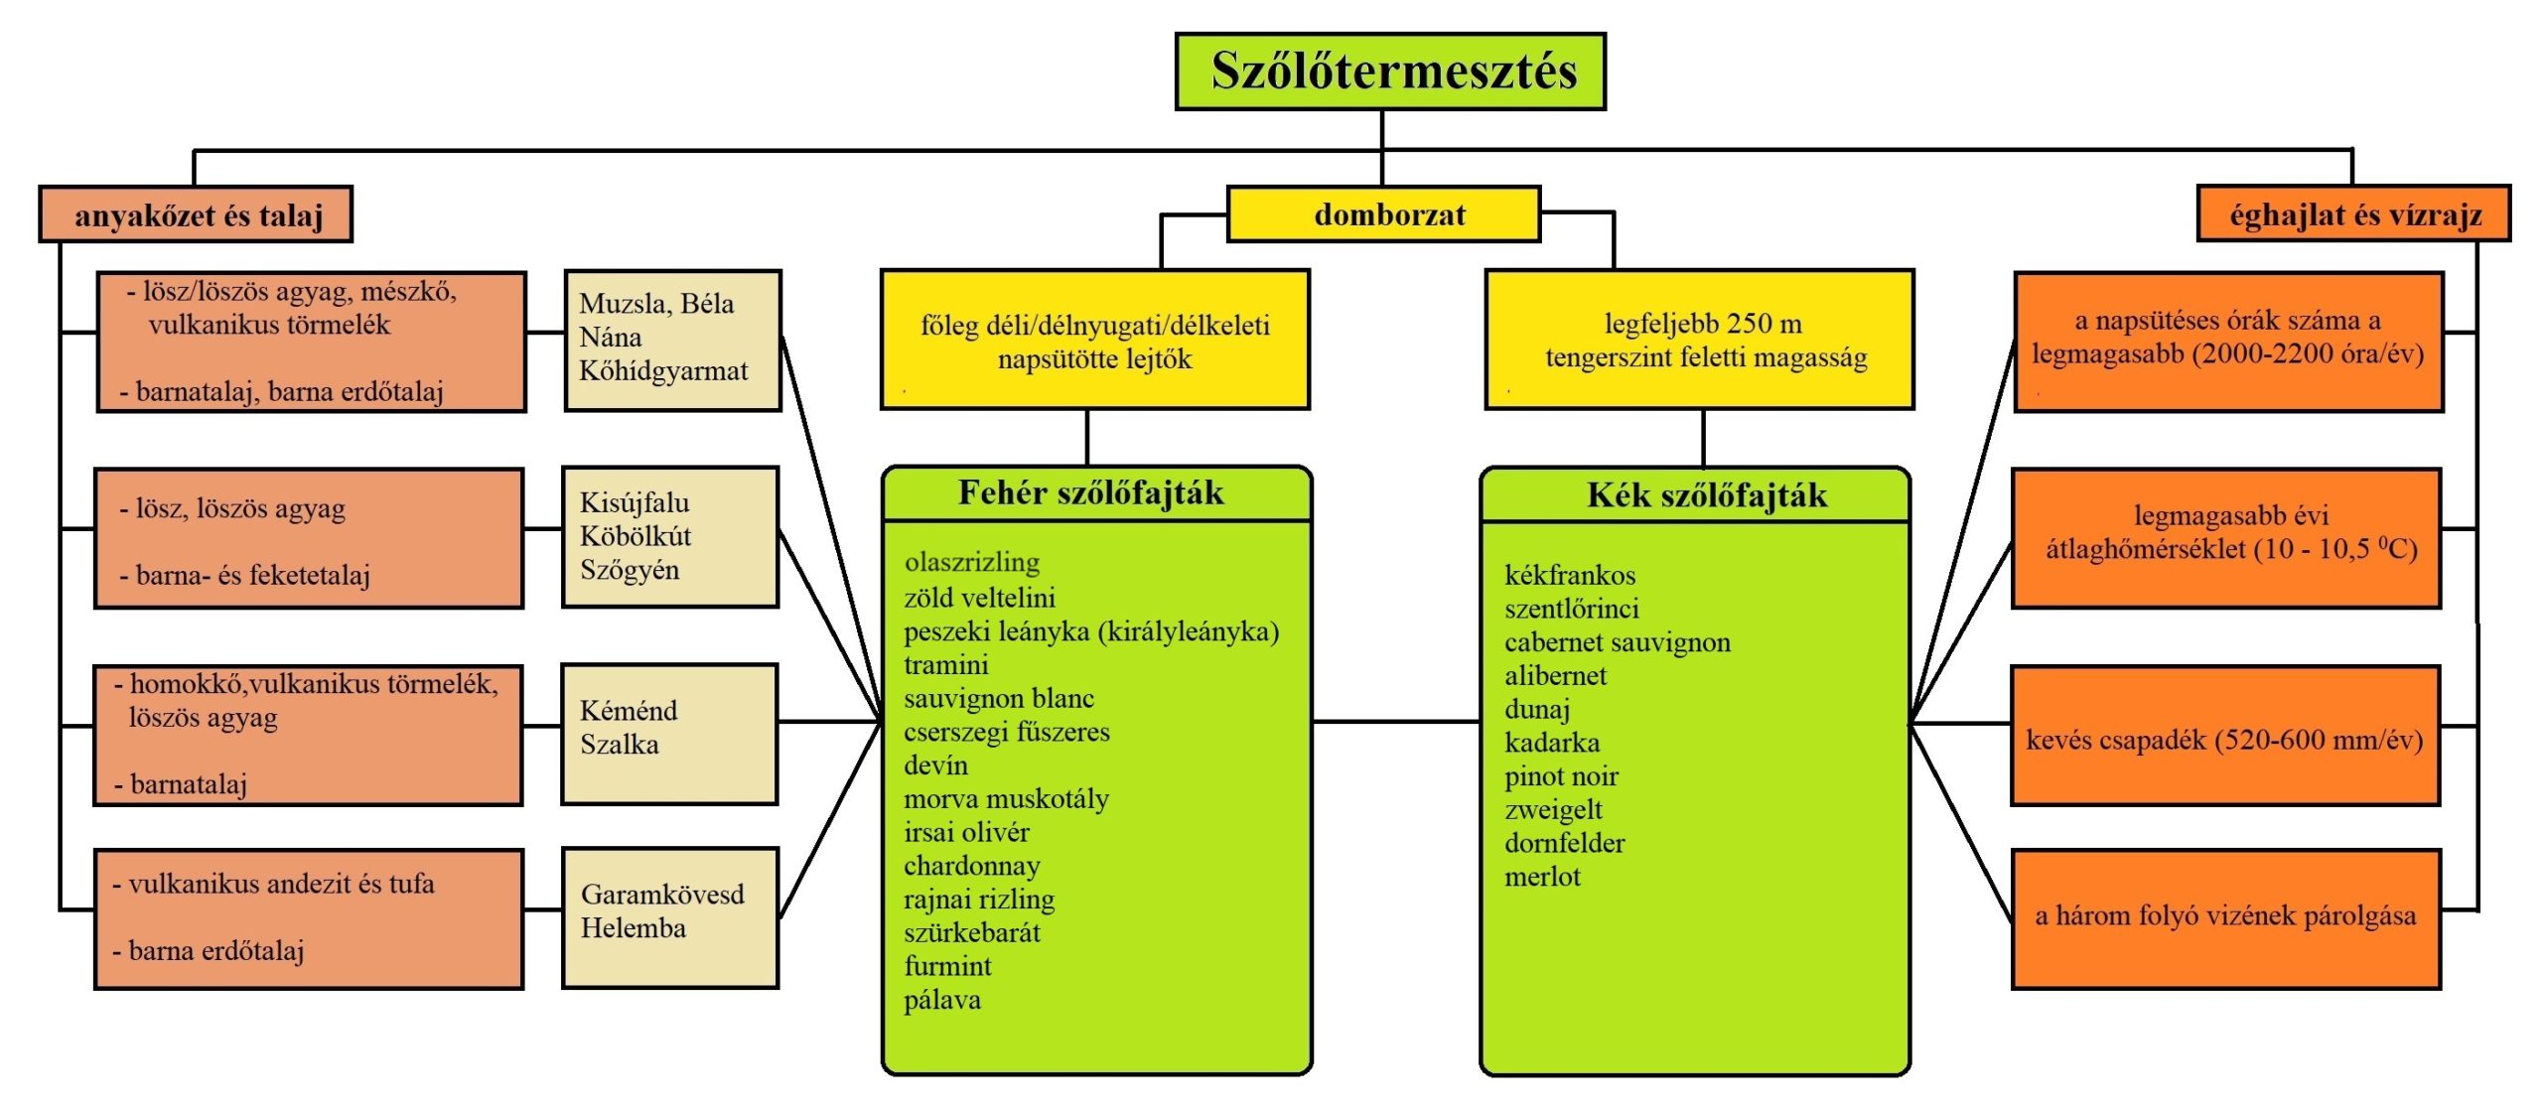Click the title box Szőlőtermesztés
tap(1390, 71)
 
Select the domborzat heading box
tap(1384, 213)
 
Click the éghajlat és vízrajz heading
tap(2353, 213)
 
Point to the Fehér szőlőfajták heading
tap(1090, 492)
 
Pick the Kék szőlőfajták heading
tap(1706, 494)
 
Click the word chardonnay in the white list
tap(971, 866)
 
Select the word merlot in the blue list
tap(1542, 877)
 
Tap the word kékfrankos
tap(1570, 575)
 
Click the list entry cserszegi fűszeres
tap(1007, 732)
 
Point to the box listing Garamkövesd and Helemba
tap(670, 917)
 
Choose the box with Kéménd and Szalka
tap(669, 734)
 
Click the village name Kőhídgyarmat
tap(663, 371)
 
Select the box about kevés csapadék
tap(2225, 736)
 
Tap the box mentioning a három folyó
tap(2225, 918)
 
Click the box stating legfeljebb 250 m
tap(1699, 339)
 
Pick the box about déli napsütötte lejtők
tap(1095, 339)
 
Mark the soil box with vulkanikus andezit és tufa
tap(309, 918)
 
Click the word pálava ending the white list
tap(942, 1000)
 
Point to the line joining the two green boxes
tap(1396, 722)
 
